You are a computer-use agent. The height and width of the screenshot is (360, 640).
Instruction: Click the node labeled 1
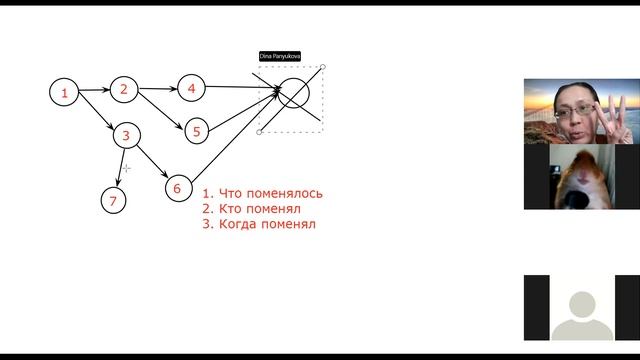[x=64, y=93]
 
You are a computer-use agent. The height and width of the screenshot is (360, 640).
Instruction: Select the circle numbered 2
[x=124, y=89]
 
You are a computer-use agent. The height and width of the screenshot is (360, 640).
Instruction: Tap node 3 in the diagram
[x=126, y=135]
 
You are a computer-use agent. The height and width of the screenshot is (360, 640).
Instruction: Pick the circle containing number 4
[x=191, y=88]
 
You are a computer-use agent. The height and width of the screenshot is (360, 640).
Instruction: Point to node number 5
[x=197, y=130]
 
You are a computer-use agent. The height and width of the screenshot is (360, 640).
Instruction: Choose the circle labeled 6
[x=177, y=187]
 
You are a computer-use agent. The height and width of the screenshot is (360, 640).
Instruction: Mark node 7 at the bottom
[x=113, y=201]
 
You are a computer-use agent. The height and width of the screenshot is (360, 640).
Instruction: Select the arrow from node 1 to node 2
[x=94, y=91]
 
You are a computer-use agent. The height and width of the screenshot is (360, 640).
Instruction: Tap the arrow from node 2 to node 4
[x=157, y=89]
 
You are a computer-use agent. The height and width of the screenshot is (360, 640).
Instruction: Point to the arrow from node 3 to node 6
[x=152, y=161]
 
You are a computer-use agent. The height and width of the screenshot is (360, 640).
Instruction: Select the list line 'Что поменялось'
[x=262, y=194]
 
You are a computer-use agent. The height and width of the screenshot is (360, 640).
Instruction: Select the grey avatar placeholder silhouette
[x=581, y=314]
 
